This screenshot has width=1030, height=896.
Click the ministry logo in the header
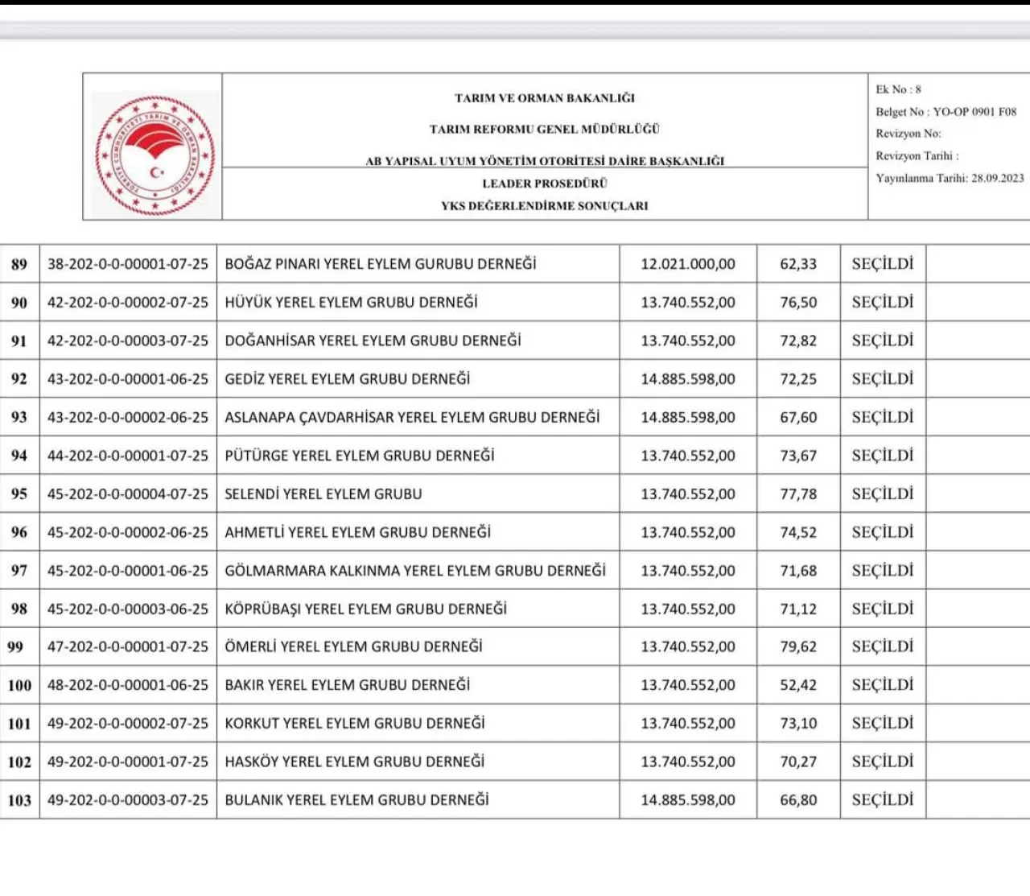point(154,155)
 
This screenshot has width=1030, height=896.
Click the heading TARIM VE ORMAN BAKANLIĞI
point(545,98)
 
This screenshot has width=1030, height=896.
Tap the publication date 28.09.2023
point(997,178)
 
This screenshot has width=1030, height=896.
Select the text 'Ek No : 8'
point(898,89)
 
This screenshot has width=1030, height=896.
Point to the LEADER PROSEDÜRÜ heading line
point(545,184)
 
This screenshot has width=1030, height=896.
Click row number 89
point(19,264)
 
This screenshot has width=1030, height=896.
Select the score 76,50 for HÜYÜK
point(798,303)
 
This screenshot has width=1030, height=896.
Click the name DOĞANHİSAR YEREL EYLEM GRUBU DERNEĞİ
point(373,341)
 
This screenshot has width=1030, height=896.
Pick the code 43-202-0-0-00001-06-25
point(127,379)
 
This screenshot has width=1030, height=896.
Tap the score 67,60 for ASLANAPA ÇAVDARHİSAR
point(798,417)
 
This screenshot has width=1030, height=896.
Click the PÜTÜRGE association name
point(360,456)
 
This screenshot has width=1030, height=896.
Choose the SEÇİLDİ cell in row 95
point(883,494)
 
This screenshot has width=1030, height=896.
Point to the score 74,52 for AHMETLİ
point(798,532)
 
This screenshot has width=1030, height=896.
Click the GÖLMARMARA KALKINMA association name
point(415,571)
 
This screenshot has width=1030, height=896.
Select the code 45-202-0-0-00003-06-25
point(127,609)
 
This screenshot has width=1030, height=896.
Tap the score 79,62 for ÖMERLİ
point(798,646)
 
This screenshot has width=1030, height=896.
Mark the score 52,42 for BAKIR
point(798,685)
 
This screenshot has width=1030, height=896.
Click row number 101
point(19,724)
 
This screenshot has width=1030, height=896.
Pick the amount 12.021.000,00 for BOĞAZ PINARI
point(688,264)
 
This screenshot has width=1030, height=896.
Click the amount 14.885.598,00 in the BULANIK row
point(688,800)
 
